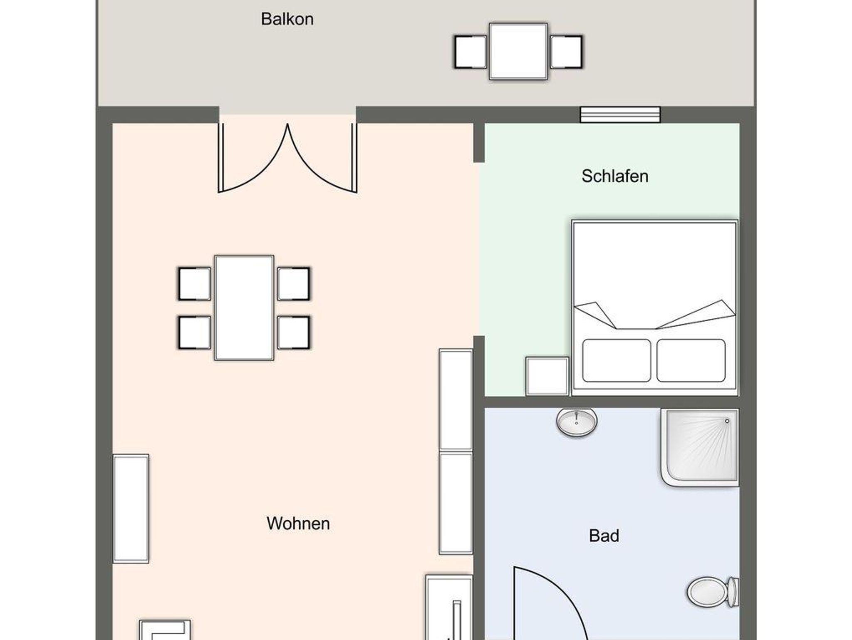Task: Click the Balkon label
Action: coord(287,19)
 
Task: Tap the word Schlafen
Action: coord(615,176)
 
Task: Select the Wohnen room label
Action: coord(298,523)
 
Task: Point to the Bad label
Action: coord(604,536)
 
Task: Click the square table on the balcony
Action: coord(518,51)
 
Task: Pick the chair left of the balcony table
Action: coord(471,52)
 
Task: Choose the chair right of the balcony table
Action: coord(566,52)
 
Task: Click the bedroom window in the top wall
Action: coord(620,115)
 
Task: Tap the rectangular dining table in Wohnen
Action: coord(244,308)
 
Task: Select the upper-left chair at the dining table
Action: coord(194,284)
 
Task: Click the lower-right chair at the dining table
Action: coord(294,332)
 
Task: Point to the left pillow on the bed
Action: coord(617,360)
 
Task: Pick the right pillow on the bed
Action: coord(691,360)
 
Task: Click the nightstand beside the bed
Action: coord(547,376)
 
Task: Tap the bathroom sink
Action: coord(577,422)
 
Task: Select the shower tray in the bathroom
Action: coord(700,448)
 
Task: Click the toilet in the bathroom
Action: coord(713,592)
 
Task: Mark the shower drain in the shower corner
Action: coord(727,421)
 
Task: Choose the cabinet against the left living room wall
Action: coord(131,509)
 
